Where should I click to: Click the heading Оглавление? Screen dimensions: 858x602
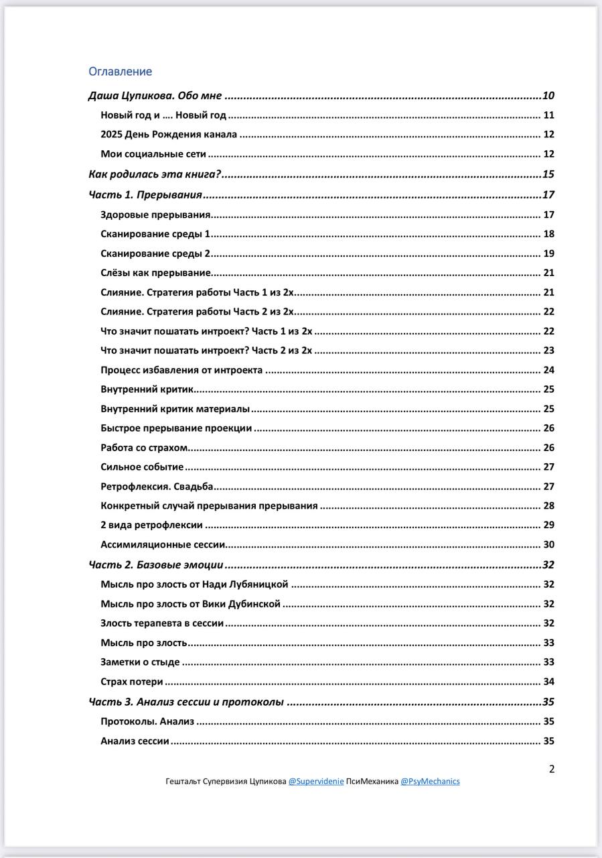tap(121, 72)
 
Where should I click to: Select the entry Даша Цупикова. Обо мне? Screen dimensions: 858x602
tap(155, 96)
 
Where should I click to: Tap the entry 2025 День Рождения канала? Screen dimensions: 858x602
tap(169, 135)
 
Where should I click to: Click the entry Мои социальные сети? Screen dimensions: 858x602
tap(153, 154)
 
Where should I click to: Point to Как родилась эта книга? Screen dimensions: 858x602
tap(155, 175)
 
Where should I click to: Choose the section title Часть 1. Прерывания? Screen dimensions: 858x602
tap(145, 195)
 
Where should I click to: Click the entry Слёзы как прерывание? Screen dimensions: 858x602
tap(156, 273)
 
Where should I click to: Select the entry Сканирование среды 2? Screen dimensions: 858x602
tap(156, 253)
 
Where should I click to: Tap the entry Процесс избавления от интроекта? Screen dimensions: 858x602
tap(181, 370)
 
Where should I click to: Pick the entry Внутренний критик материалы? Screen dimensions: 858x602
tap(175, 409)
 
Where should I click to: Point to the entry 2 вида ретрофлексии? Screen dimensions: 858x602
tap(152, 526)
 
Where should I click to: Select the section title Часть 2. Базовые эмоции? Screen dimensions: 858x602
tap(156, 565)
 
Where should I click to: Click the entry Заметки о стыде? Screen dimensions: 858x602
tap(140, 662)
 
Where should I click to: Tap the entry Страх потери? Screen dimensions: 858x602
tap(132, 682)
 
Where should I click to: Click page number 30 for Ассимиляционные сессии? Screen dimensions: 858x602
tap(548, 545)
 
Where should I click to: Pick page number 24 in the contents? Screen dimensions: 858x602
tap(548, 370)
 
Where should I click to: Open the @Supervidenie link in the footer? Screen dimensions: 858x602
tap(316, 782)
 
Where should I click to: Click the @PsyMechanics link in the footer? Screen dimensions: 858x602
tap(430, 782)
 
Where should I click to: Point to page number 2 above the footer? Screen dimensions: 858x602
tap(552, 769)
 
